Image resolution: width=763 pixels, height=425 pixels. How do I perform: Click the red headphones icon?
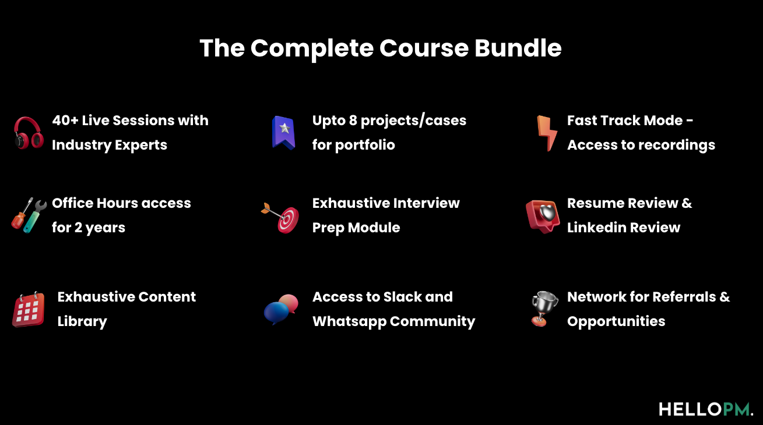click(x=29, y=133)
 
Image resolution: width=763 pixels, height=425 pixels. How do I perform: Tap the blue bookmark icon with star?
click(x=284, y=132)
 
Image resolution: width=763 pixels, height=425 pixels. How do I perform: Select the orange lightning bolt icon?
click(x=547, y=133)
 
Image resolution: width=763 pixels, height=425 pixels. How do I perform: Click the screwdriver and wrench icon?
click(x=29, y=215)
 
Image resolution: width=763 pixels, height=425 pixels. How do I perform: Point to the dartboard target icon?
click(x=282, y=217)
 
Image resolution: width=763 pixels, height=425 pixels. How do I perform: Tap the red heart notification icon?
click(x=543, y=216)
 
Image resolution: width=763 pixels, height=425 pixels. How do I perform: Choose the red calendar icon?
click(x=29, y=309)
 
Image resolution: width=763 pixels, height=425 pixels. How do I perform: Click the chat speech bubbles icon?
click(x=281, y=309)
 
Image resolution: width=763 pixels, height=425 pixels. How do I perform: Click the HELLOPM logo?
click(x=706, y=409)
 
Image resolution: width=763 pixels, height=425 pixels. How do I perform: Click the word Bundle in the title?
click(x=518, y=48)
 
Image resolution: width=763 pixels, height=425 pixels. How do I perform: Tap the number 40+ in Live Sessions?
click(x=65, y=121)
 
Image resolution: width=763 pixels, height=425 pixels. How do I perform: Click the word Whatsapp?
click(x=349, y=321)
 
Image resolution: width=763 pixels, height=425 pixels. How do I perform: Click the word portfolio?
click(x=365, y=145)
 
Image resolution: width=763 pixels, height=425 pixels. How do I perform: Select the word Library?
click(x=82, y=322)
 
